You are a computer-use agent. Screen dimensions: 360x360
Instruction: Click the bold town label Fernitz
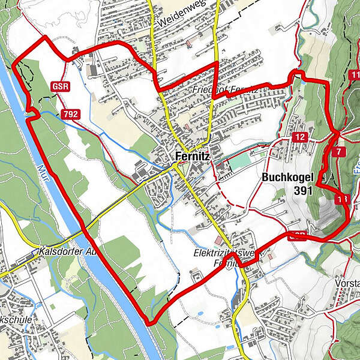coord(193,157)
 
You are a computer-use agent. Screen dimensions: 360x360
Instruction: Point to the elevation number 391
coord(304,190)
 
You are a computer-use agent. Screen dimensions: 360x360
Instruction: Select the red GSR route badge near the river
coord(61,86)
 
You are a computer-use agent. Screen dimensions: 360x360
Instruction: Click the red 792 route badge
coord(70,113)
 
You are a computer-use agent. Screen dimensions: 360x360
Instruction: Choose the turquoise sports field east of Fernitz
coord(239,162)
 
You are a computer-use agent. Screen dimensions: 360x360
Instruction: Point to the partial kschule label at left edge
coord(15,320)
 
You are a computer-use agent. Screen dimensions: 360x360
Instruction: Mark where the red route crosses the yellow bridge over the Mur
coord(85,229)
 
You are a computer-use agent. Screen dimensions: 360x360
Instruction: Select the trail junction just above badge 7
coord(338,131)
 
